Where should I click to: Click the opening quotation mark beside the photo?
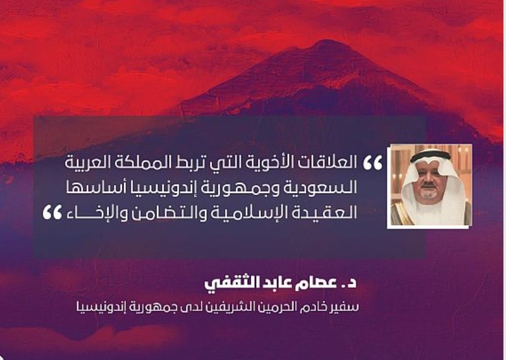point(372,163)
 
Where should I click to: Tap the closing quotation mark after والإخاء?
point(53,213)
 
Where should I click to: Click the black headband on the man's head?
point(430,156)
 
